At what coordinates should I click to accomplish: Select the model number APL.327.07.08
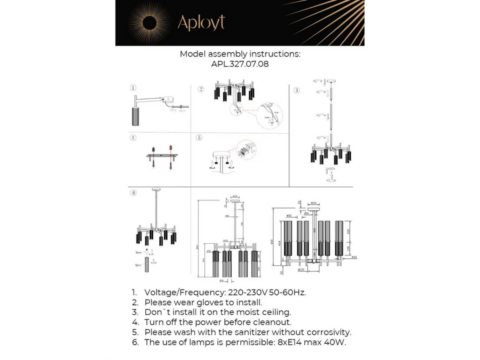[x=240, y=64]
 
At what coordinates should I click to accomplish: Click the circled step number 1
[x=133, y=88]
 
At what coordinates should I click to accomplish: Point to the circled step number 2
[x=201, y=89]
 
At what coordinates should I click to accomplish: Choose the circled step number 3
[x=296, y=90]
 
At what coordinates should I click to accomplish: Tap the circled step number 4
[x=133, y=138]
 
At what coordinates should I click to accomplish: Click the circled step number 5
[x=199, y=138]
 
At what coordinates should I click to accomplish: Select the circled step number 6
[x=134, y=192]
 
